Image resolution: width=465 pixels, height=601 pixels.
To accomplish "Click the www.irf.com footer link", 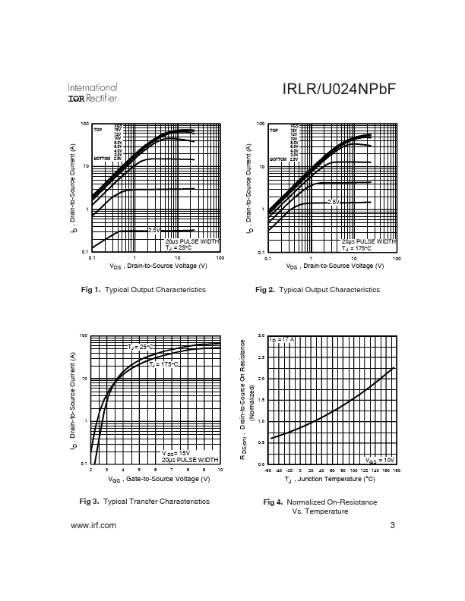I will (x=93, y=525).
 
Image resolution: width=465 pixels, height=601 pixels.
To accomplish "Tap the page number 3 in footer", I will (x=392, y=525).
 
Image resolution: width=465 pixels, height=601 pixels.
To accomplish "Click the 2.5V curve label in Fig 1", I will (x=153, y=230).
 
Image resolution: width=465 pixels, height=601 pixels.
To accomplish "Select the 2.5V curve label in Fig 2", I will (x=333, y=202).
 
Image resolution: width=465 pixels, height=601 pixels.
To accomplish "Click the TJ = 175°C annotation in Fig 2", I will (x=357, y=247).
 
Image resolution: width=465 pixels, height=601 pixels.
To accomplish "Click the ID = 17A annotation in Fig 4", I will (x=283, y=339).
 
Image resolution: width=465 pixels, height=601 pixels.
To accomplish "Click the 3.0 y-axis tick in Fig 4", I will (x=261, y=335).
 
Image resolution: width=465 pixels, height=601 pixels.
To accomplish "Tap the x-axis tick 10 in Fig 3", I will (x=220, y=471).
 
